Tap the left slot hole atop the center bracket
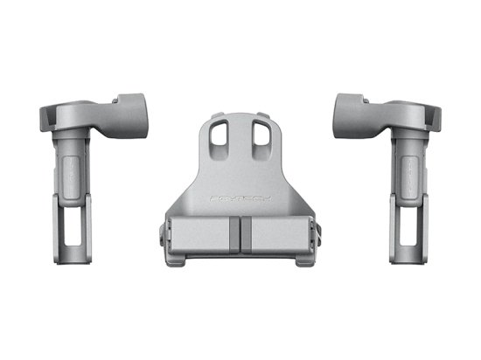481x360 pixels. [220, 134]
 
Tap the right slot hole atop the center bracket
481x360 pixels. [260, 134]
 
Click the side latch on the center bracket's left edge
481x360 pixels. [161, 236]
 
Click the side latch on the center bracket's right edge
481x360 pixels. [318, 236]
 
